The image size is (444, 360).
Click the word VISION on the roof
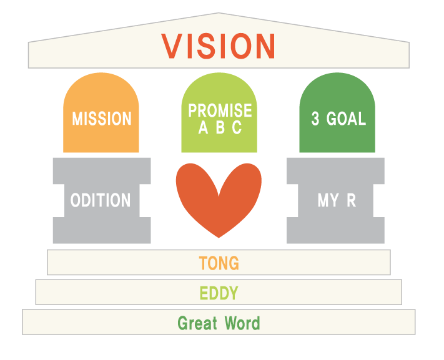coord(218,46)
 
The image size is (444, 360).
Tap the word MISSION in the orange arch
coord(102,119)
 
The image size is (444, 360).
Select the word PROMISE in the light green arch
coord(220,110)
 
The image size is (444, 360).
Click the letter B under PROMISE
coord(220,127)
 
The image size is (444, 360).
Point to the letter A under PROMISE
coord(203,127)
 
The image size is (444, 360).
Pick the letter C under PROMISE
coord(237,127)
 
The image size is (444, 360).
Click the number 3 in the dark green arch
coord(315,119)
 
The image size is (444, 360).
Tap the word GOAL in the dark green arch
coord(346,119)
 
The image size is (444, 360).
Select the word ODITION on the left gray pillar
coord(101,200)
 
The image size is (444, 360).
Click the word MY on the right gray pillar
coord(328,200)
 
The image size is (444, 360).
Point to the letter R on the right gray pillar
coord(351,200)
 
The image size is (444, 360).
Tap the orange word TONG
coord(219,263)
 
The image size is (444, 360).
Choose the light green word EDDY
coord(219,293)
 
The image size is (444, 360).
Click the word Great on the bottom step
coord(197,323)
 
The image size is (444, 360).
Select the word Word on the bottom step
coord(242,323)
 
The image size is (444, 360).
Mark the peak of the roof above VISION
coord(219,12)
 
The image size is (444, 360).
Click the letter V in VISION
coord(172,46)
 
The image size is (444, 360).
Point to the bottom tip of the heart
coord(219,238)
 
